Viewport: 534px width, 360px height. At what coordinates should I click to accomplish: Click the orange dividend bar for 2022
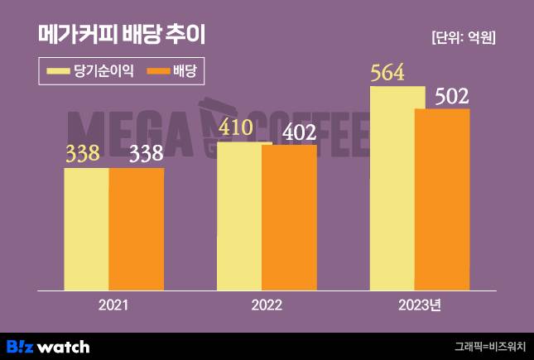point(289,218)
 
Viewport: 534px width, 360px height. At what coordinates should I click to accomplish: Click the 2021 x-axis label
point(113,305)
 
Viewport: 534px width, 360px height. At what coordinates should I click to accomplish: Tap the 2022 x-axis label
point(267,305)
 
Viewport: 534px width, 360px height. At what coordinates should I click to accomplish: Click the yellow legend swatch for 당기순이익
point(59,71)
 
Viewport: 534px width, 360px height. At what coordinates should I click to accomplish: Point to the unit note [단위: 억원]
point(469,38)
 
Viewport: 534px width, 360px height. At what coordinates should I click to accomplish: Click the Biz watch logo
point(48,346)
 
